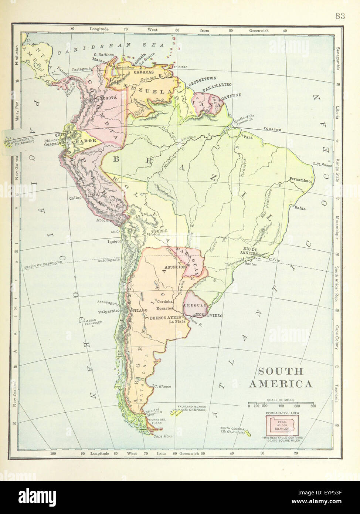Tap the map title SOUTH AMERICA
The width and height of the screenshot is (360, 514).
point(281,377)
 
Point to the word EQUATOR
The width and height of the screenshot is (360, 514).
point(272,130)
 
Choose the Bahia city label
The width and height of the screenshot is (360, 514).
point(300,208)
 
